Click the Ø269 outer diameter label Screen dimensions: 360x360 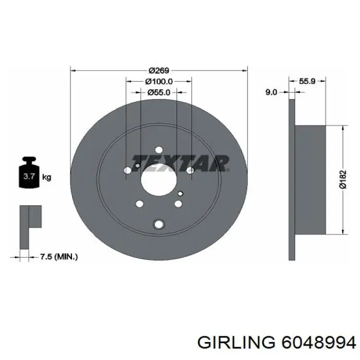pos(159,70)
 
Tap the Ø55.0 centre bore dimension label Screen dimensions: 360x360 pos(159,93)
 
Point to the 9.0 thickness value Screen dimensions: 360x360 pos(272,92)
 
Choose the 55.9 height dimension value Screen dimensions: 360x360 pos(307,81)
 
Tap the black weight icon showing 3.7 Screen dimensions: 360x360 pos(28,175)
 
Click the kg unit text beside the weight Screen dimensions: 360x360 pos(46,178)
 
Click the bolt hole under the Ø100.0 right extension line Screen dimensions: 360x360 pos(191,170)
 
